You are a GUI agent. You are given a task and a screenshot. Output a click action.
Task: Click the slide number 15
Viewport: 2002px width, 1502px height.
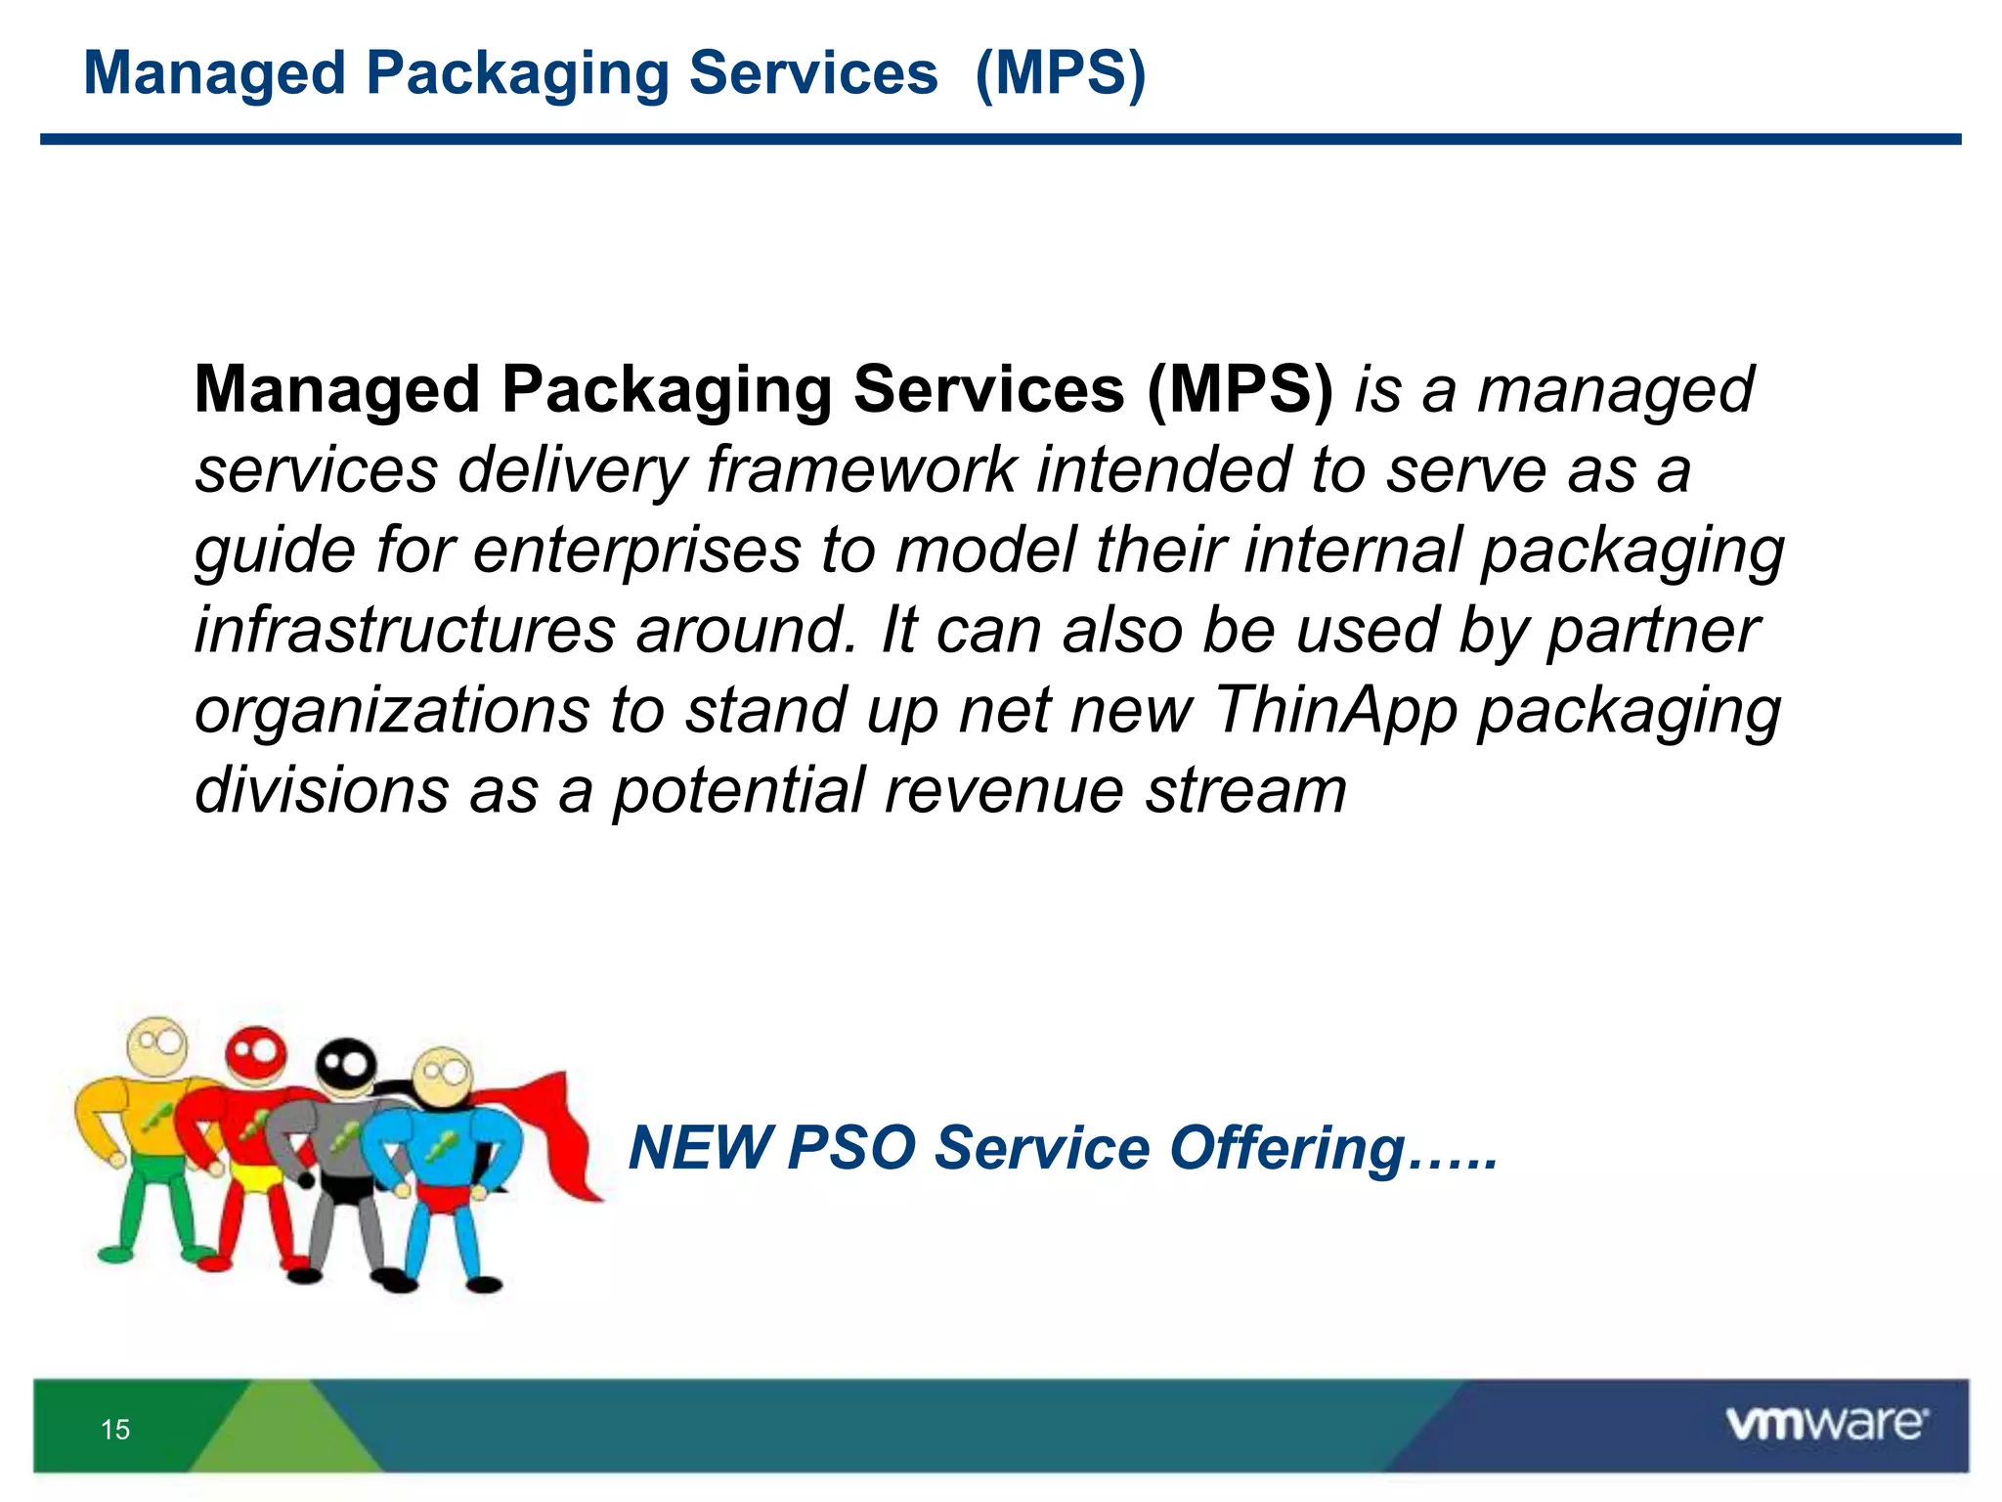(x=115, y=1430)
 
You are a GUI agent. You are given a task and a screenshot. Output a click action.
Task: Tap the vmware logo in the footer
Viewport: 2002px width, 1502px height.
(x=1826, y=1424)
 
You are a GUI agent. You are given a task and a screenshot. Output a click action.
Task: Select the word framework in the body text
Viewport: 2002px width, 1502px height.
(x=861, y=469)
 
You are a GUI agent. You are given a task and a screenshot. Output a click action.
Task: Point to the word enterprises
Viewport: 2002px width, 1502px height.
(x=637, y=550)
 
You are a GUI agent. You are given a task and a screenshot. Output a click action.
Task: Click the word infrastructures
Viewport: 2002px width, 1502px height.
(x=405, y=630)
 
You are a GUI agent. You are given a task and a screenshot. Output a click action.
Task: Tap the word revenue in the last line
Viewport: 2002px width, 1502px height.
(x=1004, y=790)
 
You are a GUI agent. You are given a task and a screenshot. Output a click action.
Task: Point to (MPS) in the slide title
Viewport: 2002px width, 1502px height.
(x=1061, y=74)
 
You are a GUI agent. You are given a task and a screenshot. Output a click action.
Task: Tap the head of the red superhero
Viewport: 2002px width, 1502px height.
(x=256, y=1054)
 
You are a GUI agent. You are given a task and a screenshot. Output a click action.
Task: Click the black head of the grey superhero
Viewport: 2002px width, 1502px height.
(x=346, y=1065)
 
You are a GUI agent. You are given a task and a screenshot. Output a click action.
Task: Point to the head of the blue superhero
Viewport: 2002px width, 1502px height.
(x=442, y=1075)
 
